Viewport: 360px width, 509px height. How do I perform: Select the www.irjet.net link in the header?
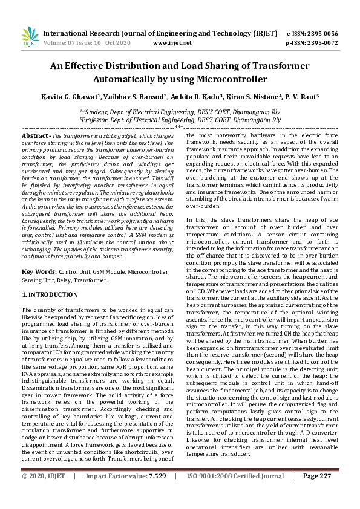pyautogui.click(x=172, y=43)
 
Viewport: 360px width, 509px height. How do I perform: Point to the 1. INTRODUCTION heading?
pyautogui.click(x=50, y=294)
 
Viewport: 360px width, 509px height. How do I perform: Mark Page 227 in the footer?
pyautogui.click(x=317, y=493)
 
